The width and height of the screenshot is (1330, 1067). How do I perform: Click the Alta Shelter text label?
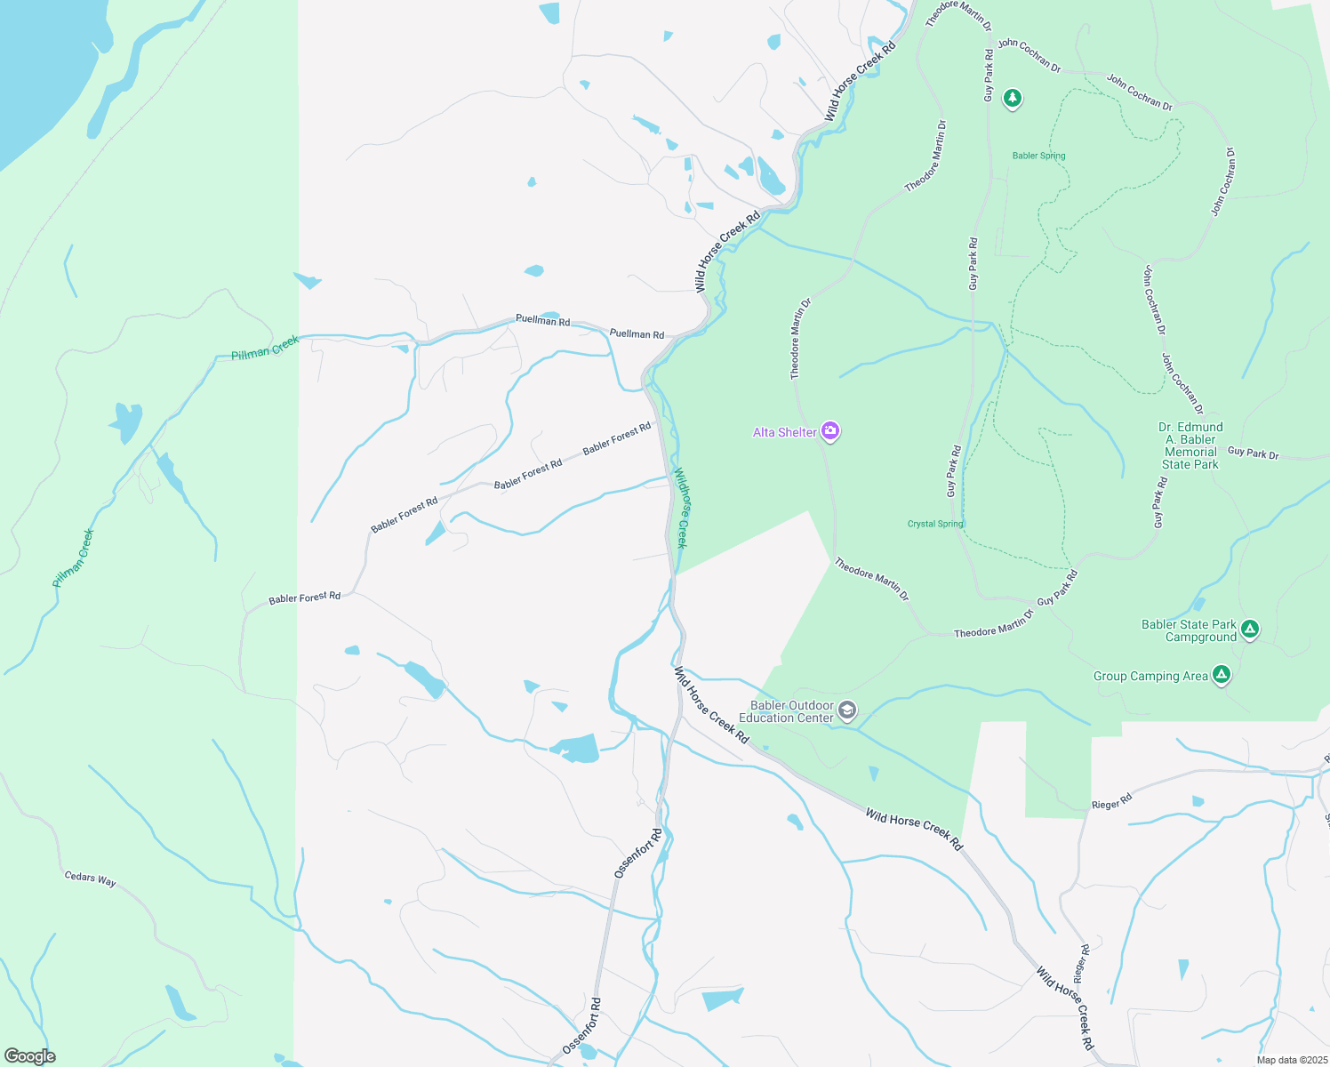pyautogui.click(x=784, y=432)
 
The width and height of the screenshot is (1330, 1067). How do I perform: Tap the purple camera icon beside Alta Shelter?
pyautogui.click(x=830, y=432)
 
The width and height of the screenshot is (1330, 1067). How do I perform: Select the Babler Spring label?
pyautogui.click(x=1038, y=156)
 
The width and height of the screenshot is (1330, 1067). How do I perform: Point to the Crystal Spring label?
pyautogui.click(x=935, y=524)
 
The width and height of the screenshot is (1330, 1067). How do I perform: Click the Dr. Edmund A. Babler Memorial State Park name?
pyautogui.click(x=1190, y=445)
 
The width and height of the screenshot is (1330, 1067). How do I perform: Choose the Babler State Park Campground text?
pyautogui.click(x=1189, y=630)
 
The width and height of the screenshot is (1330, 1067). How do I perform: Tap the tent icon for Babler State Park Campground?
pyautogui.click(x=1250, y=630)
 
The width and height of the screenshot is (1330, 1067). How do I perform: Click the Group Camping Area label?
pyautogui.click(x=1150, y=676)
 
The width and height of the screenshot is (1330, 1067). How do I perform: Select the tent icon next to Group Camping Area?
pyautogui.click(x=1222, y=675)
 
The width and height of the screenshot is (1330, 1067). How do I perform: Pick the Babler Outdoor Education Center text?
pyautogui.click(x=788, y=711)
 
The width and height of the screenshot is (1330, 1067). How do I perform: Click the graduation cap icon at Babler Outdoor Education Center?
pyautogui.click(x=848, y=710)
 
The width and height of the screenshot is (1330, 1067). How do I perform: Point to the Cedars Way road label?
pyautogui.click(x=90, y=878)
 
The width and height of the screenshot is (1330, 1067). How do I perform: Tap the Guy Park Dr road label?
pyautogui.click(x=1253, y=453)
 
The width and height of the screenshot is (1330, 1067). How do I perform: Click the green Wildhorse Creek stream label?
pyautogui.click(x=680, y=508)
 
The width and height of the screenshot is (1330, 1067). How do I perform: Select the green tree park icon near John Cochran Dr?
pyautogui.click(x=1012, y=97)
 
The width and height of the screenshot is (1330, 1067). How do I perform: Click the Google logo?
pyautogui.click(x=30, y=1056)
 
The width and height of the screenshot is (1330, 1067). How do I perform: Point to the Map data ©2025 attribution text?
pyautogui.click(x=1290, y=1060)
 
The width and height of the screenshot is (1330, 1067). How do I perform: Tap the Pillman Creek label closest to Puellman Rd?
pyautogui.click(x=265, y=348)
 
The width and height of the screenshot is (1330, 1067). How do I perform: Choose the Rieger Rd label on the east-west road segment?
pyautogui.click(x=1111, y=802)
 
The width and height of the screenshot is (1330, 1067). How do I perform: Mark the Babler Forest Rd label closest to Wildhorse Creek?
pyautogui.click(x=617, y=439)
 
